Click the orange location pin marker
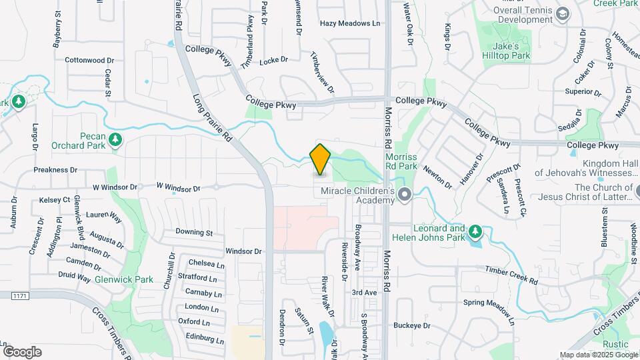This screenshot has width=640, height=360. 321,159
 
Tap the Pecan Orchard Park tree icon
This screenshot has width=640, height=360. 117,139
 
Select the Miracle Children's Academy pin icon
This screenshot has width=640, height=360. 404,195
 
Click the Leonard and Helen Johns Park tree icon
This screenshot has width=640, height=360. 475,232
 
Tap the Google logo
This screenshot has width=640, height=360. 22,352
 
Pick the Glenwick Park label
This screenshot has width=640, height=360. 115,279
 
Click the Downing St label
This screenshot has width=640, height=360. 194,233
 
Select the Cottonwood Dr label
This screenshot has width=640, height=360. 89,60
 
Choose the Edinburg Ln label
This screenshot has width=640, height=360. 203,338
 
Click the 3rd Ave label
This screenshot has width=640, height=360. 364,293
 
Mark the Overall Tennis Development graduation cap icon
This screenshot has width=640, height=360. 563,13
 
